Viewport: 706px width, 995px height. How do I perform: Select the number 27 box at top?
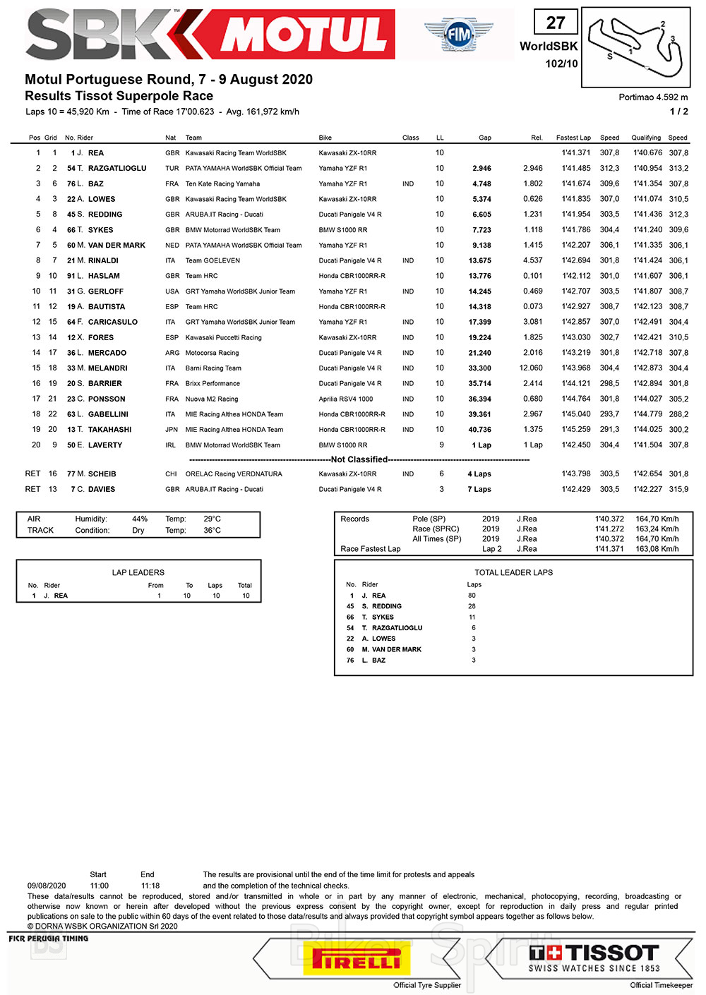tap(556, 23)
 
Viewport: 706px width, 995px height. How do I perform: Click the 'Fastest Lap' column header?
tap(573, 138)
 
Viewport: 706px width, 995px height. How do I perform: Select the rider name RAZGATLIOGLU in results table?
tap(117, 169)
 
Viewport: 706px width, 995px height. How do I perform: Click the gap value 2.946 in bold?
tap(481, 169)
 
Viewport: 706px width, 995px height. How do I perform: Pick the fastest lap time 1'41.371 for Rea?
tap(576, 153)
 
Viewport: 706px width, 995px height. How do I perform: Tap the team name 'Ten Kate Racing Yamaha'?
tap(222, 184)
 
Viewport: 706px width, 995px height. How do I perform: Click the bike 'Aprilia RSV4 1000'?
tap(346, 399)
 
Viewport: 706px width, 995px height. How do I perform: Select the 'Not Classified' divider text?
tap(359, 459)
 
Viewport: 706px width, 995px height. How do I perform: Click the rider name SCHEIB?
tap(102, 474)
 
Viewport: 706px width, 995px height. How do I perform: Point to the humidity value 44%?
tap(140, 519)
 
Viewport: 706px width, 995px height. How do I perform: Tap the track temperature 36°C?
tap(212, 531)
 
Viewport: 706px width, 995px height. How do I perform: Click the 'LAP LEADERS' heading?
tap(138, 572)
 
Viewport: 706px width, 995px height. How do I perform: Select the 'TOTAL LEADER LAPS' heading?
tap(513, 572)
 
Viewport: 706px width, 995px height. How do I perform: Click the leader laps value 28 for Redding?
tap(472, 606)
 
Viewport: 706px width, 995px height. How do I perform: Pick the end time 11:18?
tap(150, 886)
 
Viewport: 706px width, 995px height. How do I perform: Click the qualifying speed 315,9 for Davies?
tap(678, 490)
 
